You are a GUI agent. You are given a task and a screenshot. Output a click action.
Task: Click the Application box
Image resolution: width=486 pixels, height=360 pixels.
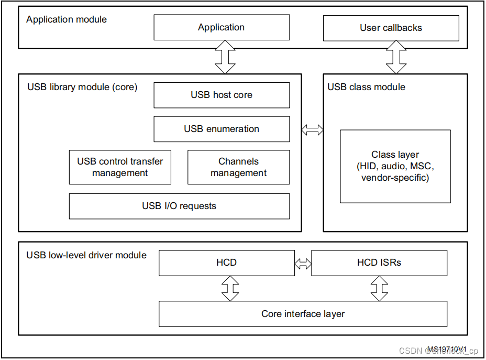click(221, 27)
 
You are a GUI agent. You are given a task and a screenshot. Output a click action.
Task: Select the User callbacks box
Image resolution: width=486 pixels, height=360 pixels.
click(391, 28)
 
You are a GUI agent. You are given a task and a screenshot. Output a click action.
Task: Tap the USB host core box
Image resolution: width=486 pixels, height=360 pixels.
click(221, 95)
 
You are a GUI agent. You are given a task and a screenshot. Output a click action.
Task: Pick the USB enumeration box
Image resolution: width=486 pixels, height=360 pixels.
click(221, 129)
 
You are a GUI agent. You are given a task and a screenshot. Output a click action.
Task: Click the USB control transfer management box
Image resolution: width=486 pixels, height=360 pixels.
click(120, 167)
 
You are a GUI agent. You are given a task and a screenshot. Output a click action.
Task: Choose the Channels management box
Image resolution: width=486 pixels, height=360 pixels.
click(238, 167)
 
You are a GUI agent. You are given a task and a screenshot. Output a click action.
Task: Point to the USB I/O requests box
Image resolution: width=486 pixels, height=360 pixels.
click(179, 206)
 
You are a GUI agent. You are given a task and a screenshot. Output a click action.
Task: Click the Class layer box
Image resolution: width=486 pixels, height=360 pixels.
click(395, 166)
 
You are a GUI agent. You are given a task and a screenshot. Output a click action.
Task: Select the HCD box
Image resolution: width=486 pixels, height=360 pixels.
click(226, 263)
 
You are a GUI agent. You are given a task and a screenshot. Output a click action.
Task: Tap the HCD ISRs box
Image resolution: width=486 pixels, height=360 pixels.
click(379, 263)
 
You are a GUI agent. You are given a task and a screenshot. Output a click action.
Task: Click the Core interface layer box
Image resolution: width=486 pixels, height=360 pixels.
click(303, 314)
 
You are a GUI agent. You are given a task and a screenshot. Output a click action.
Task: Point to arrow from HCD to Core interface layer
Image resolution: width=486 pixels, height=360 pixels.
click(230, 288)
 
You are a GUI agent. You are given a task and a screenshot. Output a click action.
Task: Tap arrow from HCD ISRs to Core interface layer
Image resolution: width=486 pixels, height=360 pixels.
click(379, 288)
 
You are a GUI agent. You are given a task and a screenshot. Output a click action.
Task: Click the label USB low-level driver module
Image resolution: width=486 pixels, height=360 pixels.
click(86, 255)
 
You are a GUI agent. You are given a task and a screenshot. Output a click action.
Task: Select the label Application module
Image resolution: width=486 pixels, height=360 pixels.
click(67, 19)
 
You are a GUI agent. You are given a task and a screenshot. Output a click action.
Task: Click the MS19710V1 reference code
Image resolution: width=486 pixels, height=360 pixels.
click(447, 348)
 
